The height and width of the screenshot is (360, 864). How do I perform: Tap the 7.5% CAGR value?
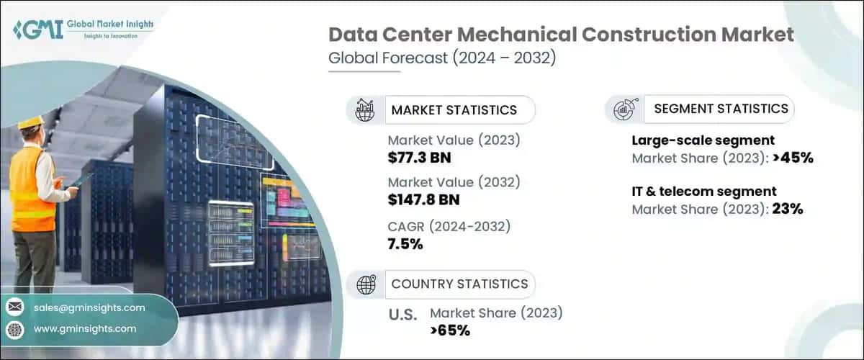coord(405,244)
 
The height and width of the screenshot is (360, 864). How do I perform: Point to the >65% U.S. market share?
coord(450,330)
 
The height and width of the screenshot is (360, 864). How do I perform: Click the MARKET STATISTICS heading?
coord(454,110)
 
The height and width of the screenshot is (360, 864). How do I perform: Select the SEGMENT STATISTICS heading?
coord(721,109)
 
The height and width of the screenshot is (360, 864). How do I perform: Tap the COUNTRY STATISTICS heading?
coord(459,284)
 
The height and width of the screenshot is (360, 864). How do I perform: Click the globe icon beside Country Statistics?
coord(366,285)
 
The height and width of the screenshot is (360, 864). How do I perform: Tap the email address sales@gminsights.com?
coord(89,307)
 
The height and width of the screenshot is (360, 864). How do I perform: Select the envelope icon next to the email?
coord(14,307)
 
